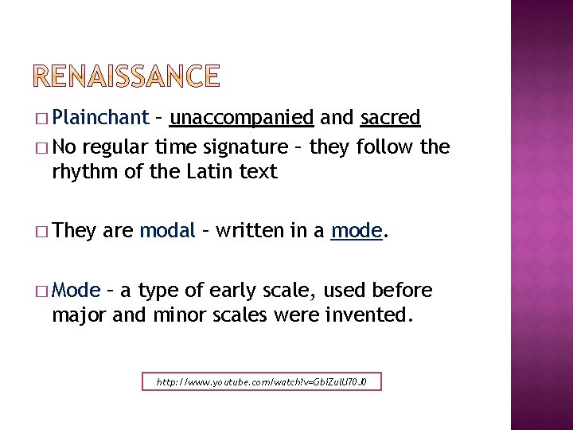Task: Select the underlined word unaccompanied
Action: [x=242, y=118]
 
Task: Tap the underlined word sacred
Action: [x=390, y=118]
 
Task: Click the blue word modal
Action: [x=167, y=231]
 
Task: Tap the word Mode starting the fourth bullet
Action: [x=76, y=290]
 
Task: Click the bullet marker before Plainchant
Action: [x=41, y=119]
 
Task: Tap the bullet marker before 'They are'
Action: [x=41, y=232]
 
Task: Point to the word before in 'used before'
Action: [x=402, y=290]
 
